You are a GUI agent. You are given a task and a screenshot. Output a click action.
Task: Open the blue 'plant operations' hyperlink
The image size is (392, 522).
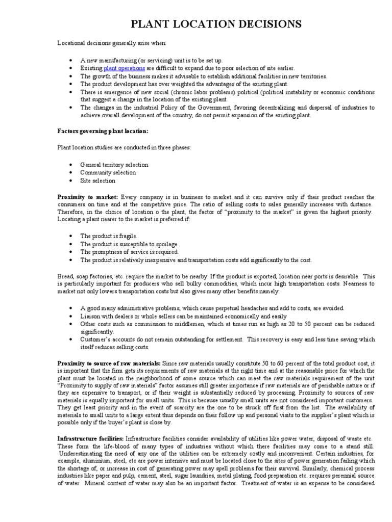coord(125,68)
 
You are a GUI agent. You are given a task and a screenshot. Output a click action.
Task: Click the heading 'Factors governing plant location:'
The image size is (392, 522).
coord(103,131)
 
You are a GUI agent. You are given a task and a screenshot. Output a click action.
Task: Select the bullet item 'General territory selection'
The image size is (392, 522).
coord(114,165)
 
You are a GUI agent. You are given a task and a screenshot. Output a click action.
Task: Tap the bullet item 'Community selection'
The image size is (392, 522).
coord(108,173)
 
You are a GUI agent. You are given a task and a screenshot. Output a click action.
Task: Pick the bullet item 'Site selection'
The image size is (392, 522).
coord(97,180)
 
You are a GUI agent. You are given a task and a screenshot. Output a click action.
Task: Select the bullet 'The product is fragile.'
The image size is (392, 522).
coord(109,236)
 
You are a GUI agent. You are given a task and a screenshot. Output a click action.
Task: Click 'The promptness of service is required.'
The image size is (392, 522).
coord(129,252)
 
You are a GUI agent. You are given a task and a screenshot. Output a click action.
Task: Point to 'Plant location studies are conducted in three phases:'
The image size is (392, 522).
coord(124,147)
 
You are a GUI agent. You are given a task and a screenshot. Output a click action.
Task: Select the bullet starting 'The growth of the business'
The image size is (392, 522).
coord(203,76)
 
